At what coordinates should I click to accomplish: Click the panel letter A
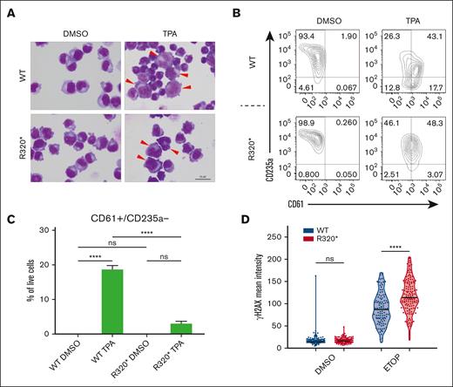(8, 8)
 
